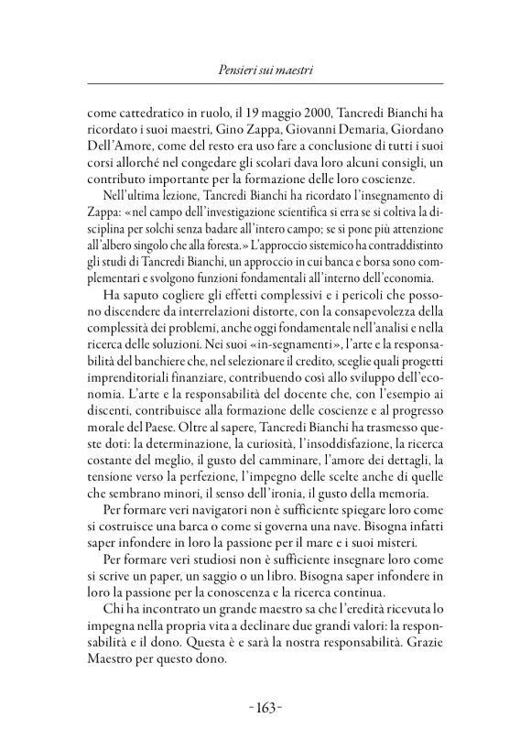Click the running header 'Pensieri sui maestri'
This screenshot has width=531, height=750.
tap(265, 70)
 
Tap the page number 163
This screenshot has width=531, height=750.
tap(265, 706)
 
